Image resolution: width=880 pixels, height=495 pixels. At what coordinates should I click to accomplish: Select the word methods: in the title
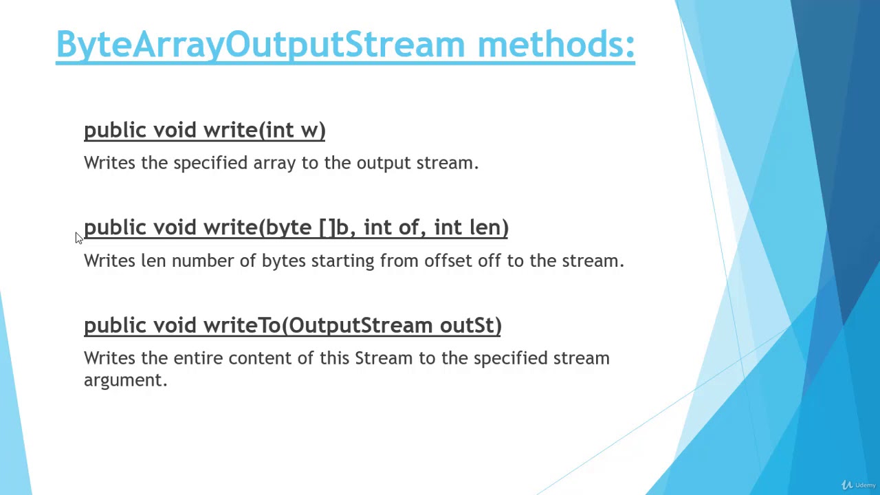[555, 44]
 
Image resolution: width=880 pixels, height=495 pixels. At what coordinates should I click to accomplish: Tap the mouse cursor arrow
[78, 237]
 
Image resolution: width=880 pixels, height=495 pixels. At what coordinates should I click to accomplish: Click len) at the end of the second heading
[489, 228]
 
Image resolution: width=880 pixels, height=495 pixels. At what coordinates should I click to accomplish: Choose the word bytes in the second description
[283, 261]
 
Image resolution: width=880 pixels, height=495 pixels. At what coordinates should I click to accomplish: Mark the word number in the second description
[203, 261]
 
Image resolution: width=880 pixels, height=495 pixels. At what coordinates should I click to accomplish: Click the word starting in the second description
[342, 261]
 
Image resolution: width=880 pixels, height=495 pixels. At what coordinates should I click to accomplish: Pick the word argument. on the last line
[126, 380]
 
